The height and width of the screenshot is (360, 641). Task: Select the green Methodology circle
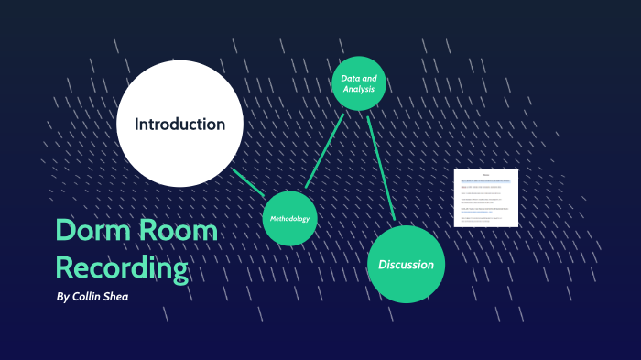click(x=290, y=219)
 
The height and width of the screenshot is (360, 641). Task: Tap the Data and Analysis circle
click(x=358, y=82)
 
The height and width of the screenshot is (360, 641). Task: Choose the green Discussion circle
click(x=406, y=264)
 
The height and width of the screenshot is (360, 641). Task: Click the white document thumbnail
click(x=486, y=198)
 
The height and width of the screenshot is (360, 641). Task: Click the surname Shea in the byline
click(x=129, y=297)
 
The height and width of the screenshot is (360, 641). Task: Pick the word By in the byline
click(x=62, y=297)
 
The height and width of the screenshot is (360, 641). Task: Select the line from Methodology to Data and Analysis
click(x=324, y=151)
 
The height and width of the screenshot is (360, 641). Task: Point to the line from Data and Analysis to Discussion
click(x=381, y=168)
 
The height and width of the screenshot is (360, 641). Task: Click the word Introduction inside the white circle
click(x=179, y=124)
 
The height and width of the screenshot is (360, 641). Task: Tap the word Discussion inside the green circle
click(x=406, y=265)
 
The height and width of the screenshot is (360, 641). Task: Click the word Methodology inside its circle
click(x=290, y=219)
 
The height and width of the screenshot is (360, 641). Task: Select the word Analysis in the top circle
click(x=358, y=89)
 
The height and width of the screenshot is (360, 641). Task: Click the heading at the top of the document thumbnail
click(x=486, y=174)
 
